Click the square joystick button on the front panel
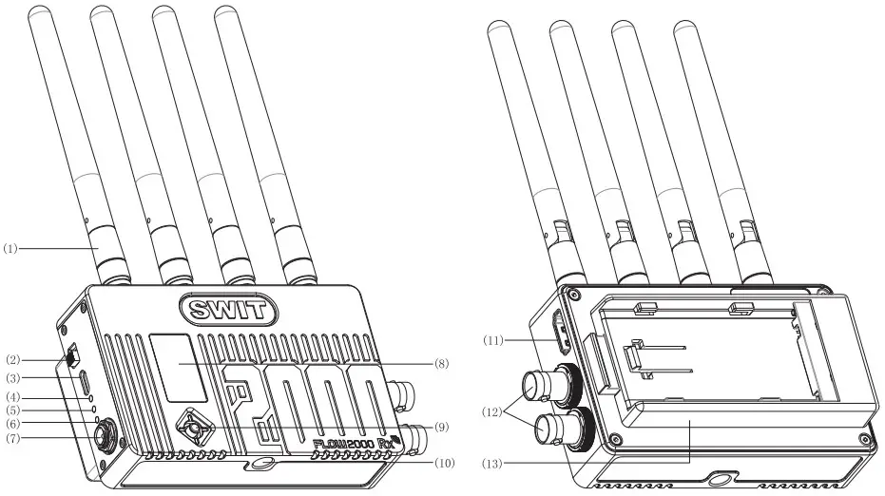coord(194,428)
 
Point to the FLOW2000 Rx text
coord(353,442)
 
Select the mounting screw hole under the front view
coord(260,465)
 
